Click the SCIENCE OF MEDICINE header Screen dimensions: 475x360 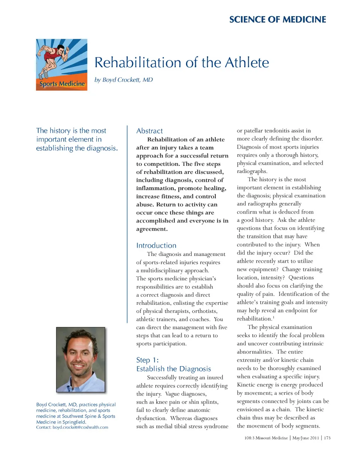[277, 20]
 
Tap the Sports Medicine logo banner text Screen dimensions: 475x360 [62, 84]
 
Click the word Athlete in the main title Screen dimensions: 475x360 [247, 63]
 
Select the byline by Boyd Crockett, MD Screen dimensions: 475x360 [123, 80]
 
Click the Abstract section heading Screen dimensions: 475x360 [149, 131]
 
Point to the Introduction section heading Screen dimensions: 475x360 [156, 245]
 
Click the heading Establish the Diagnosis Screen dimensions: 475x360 [173, 369]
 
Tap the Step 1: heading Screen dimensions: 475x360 [147, 360]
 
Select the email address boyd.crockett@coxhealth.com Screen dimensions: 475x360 [80, 427]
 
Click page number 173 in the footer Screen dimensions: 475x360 [327, 438]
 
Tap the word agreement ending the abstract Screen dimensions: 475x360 [151, 229]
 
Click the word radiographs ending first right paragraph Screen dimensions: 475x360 [251, 171]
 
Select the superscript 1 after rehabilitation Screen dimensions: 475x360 [273, 317]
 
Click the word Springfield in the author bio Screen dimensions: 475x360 [74, 422]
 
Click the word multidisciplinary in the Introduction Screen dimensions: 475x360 [166, 271]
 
